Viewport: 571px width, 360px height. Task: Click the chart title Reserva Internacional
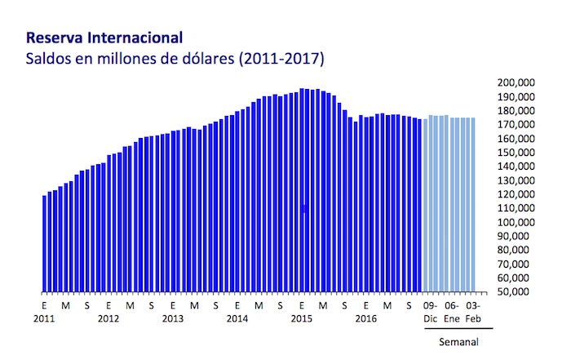(x=104, y=38)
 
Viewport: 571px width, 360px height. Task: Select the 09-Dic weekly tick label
(x=431, y=312)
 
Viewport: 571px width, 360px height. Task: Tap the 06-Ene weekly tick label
(x=452, y=312)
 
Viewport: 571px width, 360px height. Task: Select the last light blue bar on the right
(x=473, y=204)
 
